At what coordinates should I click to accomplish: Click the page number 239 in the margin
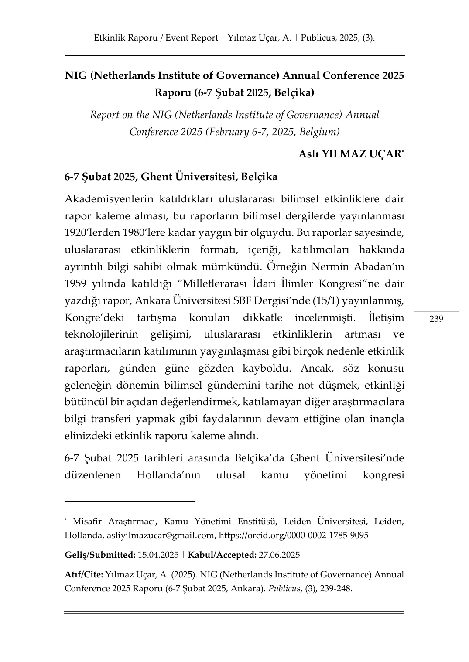tap(436, 319)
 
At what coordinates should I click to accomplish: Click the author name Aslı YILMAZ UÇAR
tap(350, 154)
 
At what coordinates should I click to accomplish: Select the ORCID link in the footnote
tap(293, 535)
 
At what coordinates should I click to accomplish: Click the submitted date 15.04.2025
tap(158, 555)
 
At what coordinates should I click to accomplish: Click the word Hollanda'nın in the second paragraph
tap(168, 474)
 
